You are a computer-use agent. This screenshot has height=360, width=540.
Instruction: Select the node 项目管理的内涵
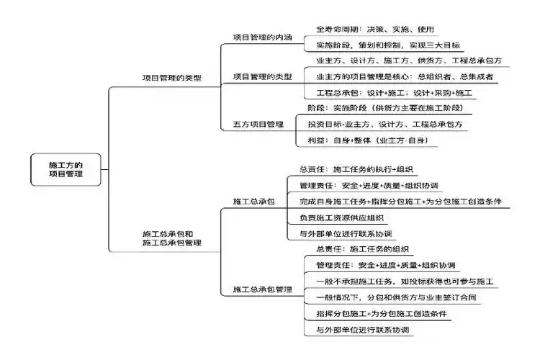point(262,37)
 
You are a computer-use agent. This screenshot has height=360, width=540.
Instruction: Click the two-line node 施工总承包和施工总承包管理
point(172,238)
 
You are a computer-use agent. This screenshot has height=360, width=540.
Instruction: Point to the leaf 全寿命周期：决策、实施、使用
point(375,30)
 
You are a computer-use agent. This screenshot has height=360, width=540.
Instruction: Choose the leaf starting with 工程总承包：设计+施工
point(395,93)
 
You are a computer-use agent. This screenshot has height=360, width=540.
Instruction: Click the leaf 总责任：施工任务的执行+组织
point(356,169)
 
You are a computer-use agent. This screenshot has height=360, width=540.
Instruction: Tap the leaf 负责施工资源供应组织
point(342,217)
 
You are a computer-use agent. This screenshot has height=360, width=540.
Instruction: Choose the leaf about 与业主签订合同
point(396,297)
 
